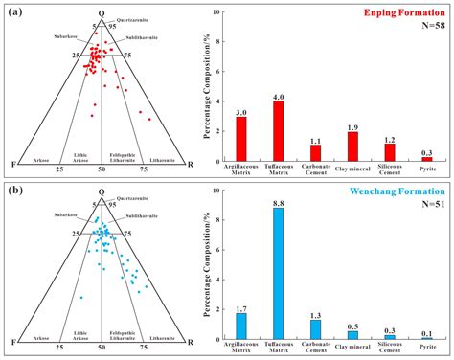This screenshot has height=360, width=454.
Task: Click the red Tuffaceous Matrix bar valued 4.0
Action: (x=278, y=130)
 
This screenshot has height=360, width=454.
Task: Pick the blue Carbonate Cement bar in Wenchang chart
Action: (x=315, y=330)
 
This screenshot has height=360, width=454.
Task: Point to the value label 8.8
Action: (x=278, y=202)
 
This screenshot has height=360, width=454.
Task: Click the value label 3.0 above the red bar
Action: (x=240, y=111)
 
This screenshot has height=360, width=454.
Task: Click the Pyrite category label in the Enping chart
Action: (x=426, y=169)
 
